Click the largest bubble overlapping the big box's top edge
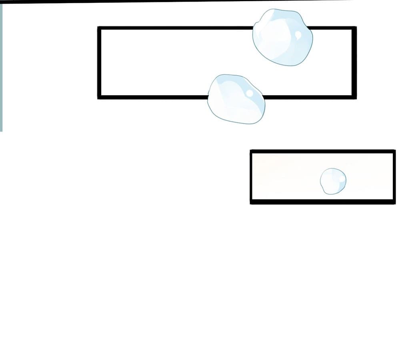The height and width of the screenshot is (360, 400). click(x=282, y=37)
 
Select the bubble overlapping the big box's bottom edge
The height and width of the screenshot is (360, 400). click(x=236, y=99)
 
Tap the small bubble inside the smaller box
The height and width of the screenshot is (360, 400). click(x=333, y=181)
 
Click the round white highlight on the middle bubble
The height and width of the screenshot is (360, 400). click(x=250, y=94)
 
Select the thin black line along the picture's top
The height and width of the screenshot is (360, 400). click(x=160, y=1)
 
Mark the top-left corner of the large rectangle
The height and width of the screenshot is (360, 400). click(x=99, y=28)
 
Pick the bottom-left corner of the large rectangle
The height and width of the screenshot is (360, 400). click(x=99, y=97)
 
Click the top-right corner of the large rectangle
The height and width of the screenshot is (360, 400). click(x=354, y=28)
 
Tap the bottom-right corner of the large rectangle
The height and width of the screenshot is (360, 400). click(x=354, y=97)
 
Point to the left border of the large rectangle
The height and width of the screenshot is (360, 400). click(x=99, y=62)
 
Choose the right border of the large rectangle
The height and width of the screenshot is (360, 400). click(x=354, y=62)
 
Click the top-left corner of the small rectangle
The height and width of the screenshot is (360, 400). click(x=252, y=151)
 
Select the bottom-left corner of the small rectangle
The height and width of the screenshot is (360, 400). click(x=252, y=202)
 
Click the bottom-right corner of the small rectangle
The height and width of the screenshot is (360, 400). click(x=394, y=202)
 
